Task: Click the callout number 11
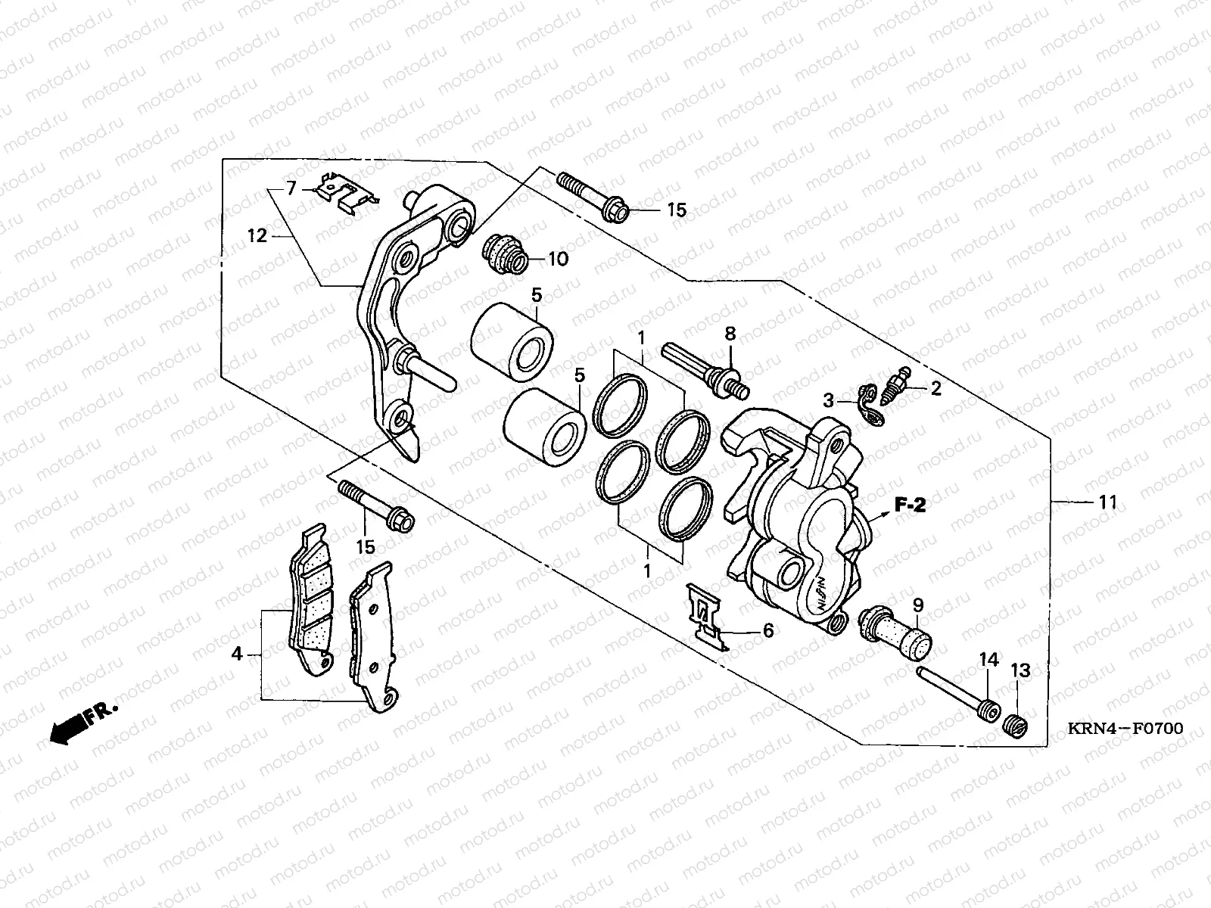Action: tap(1108, 502)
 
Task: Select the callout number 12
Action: tap(257, 237)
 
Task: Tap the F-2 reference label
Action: tap(910, 505)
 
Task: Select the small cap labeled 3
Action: tap(870, 401)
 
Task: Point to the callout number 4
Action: tap(238, 653)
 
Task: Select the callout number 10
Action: tap(557, 260)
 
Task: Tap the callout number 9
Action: tap(917, 605)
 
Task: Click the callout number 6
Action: tap(767, 630)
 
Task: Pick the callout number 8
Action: tap(730, 334)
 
